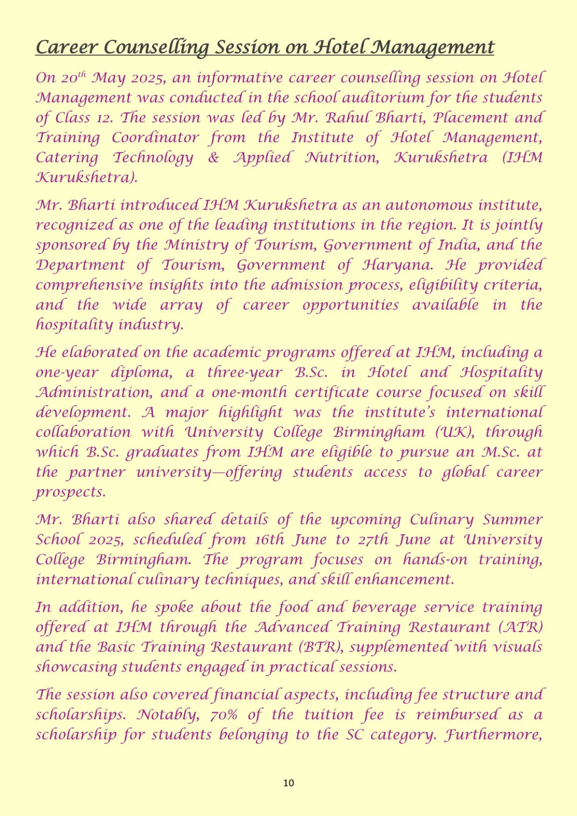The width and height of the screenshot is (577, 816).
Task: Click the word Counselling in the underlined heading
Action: (156, 48)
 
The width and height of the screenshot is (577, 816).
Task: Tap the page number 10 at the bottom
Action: (288, 783)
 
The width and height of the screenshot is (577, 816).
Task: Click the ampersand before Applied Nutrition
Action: (213, 158)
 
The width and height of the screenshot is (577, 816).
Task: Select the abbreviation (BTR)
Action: (321, 647)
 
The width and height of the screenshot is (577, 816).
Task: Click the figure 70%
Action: (224, 715)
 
